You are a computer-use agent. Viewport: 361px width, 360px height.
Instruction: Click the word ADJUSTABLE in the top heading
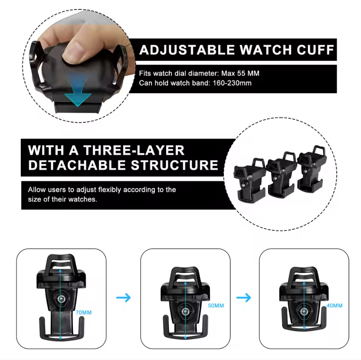(x=187, y=50)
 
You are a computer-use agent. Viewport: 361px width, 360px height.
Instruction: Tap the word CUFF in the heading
(x=315, y=50)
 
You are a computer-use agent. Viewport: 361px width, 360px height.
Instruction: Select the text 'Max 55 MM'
(x=240, y=73)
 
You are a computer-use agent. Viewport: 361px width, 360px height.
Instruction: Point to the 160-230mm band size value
(x=232, y=83)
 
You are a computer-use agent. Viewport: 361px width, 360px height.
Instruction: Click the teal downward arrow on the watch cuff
(x=78, y=91)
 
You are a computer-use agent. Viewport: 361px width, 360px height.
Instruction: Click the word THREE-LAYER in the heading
(x=134, y=151)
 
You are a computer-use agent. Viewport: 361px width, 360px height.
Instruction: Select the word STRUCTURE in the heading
(x=174, y=165)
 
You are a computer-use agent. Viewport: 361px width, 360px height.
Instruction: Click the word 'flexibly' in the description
(x=110, y=190)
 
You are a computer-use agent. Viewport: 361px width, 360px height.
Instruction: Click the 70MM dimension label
(x=84, y=313)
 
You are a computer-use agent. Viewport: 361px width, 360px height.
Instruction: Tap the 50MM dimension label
(x=216, y=306)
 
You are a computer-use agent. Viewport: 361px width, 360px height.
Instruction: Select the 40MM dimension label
(x=335, y=306)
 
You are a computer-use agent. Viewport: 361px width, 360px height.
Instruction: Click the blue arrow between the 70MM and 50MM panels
(x=123, y=298)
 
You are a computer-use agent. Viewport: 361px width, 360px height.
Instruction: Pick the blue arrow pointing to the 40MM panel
(x=243, y=298)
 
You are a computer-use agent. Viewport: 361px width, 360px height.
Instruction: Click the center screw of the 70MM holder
(x=61, y=299)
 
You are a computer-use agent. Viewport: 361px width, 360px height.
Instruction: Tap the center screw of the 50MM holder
(x=185, y=312)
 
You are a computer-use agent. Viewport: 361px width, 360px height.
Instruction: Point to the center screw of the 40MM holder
(x=304, y=312)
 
